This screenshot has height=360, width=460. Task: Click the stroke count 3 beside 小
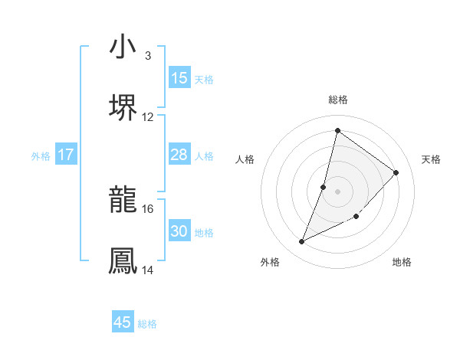pos(147,56)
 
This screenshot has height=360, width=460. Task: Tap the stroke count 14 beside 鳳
pos(147,270)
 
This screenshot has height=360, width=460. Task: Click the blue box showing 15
pos(179,78)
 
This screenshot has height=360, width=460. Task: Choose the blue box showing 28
pos(179,155)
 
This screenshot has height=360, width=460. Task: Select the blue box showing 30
pos(179,231)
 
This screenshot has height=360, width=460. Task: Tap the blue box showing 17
pos(66,155)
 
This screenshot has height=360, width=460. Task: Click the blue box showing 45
pos(123,322)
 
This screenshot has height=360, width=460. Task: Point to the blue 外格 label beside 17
pos(41,156)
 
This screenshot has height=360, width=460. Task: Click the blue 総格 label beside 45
pos(147,324)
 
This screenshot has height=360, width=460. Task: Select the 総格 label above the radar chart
pos(338,100)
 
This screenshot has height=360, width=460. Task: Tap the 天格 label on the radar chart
pos(432,159)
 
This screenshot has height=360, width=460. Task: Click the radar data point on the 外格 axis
pos(302,242)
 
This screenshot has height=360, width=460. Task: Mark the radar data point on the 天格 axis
pos(396,172)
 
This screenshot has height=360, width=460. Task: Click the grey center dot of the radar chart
pos(338,191)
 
